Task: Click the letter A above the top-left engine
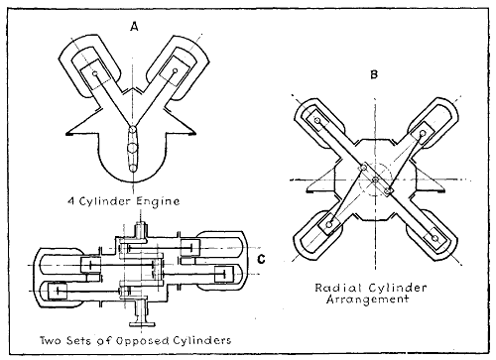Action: click(x=133, y=26)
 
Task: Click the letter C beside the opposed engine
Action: click(x=259, y=261)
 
